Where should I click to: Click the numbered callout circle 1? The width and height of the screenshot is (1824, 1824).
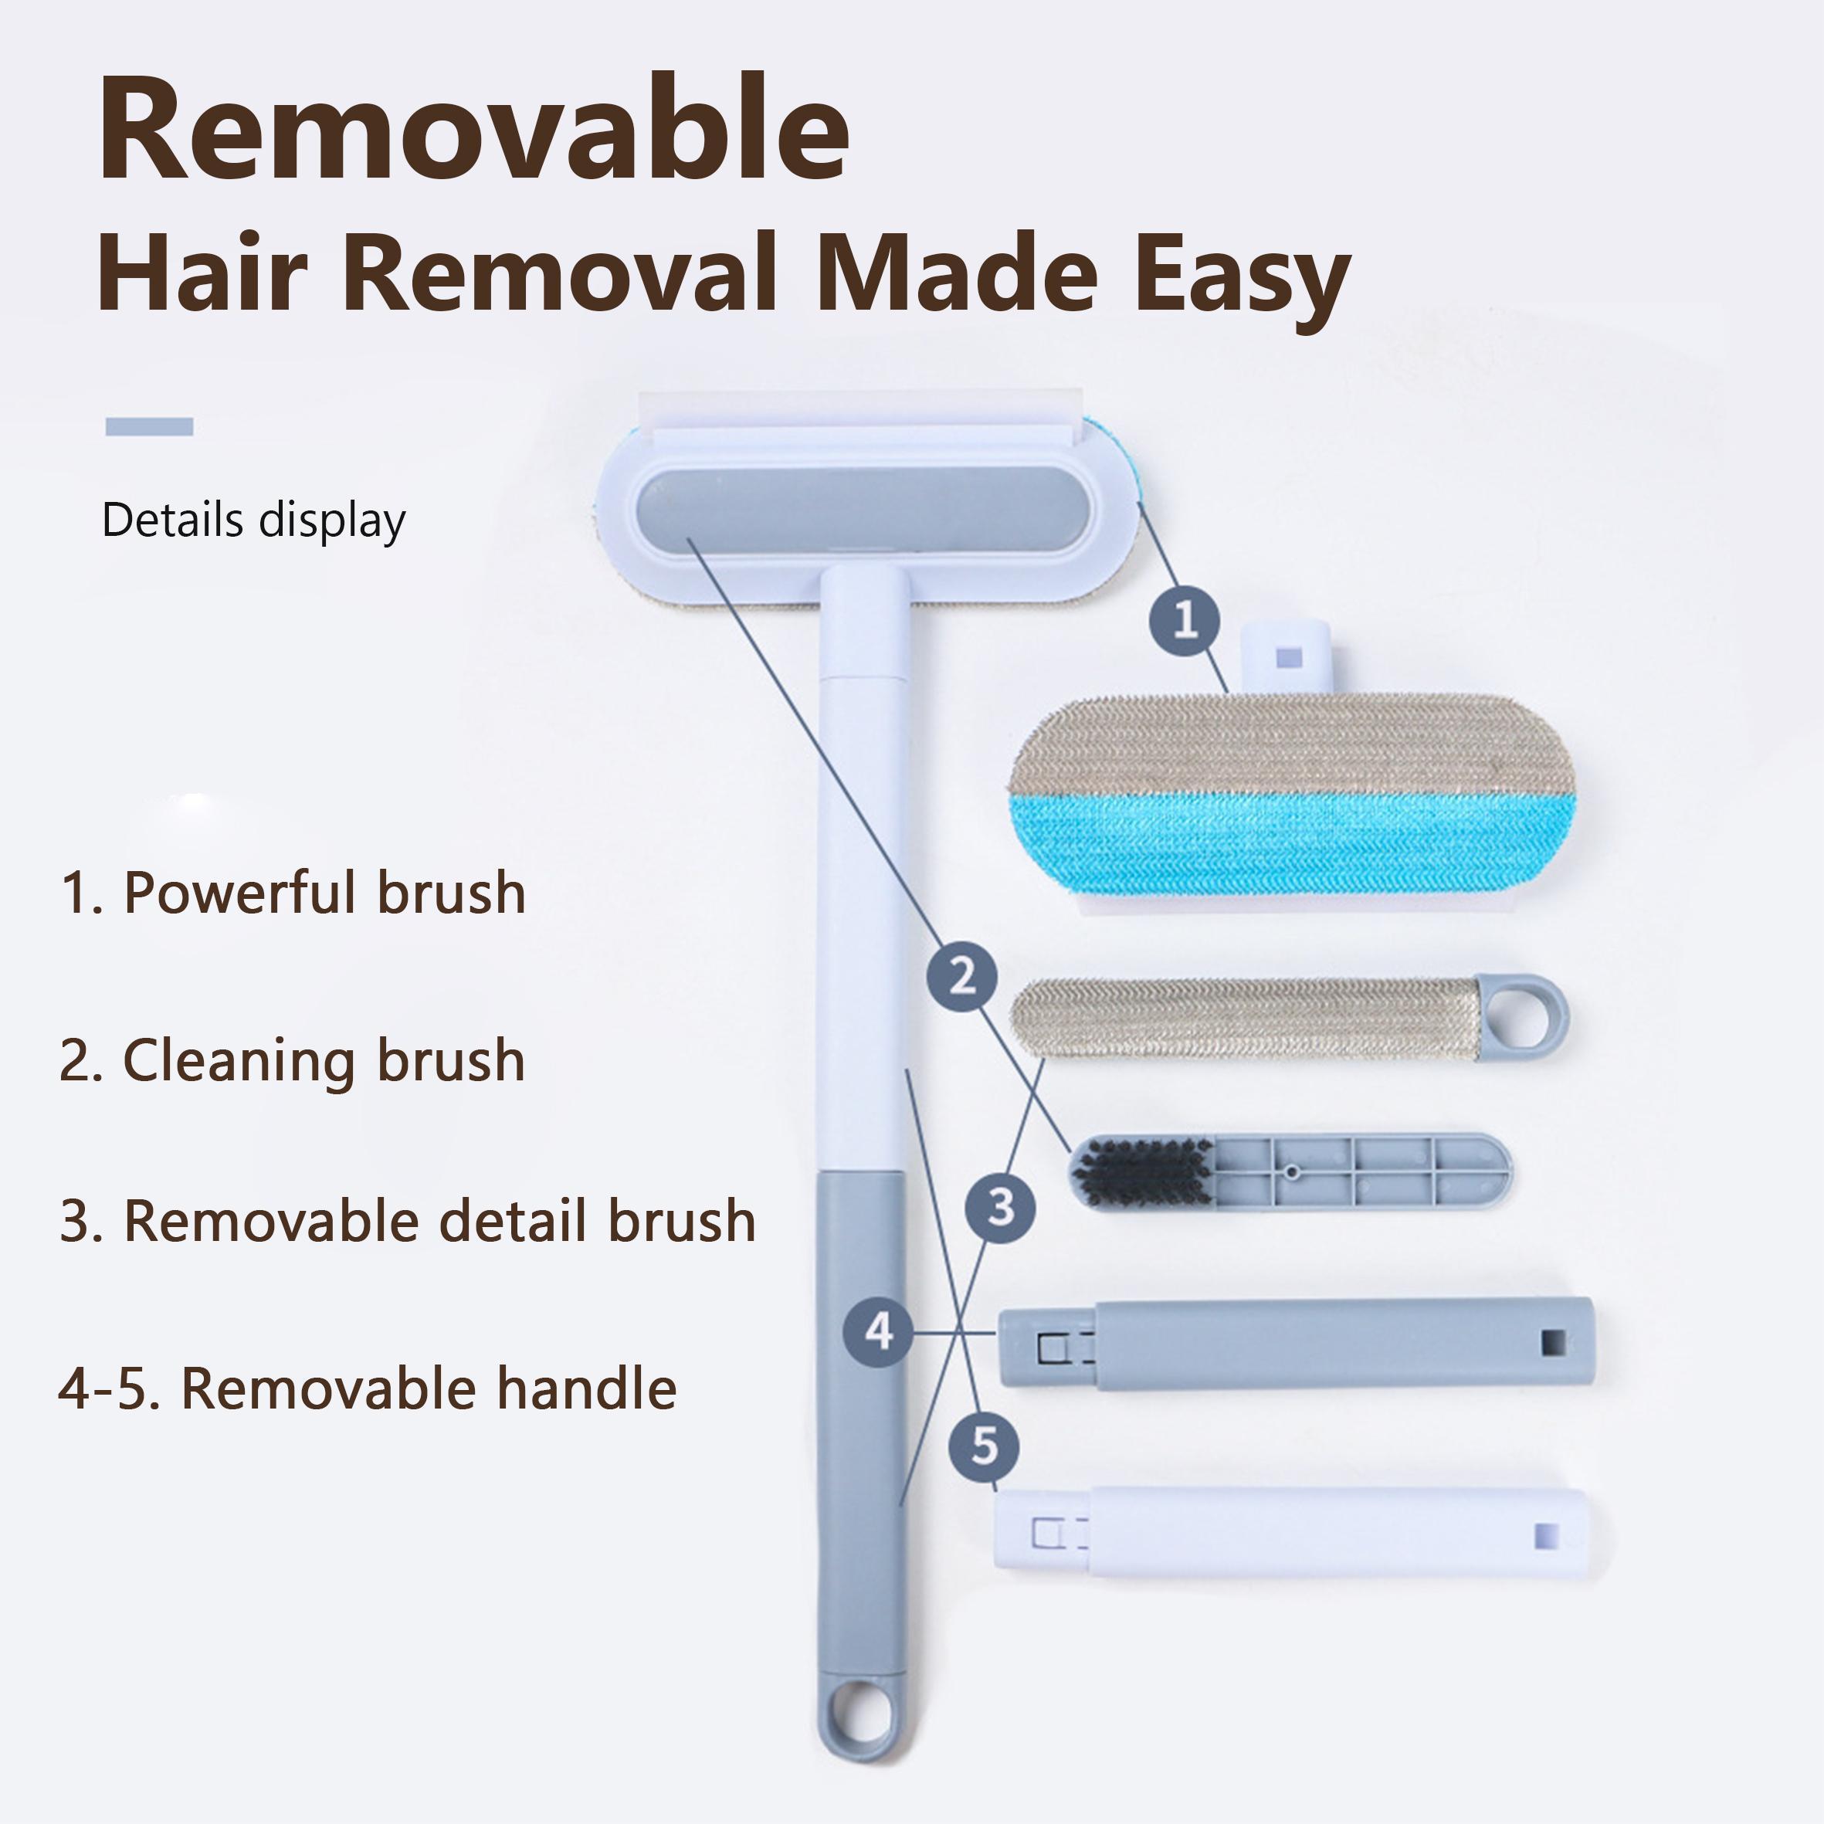[x=1185, y=621]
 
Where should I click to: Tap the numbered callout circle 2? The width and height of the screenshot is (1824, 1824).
[x=962, y=976]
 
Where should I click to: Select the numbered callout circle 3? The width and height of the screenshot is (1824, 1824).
[x=1001, y=1206]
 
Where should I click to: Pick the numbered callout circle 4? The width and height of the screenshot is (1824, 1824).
[x=879, y=1332]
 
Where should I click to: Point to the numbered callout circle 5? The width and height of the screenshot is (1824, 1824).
[x=984, y=1446]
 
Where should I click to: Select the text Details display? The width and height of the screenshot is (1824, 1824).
[x=253, y=520]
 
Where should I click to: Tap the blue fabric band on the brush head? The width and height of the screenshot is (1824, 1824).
[x=1293, y=845]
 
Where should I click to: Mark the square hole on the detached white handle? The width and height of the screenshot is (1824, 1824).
[x=1545, y=1534]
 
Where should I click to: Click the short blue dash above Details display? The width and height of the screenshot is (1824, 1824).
[x=149, y=427]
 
